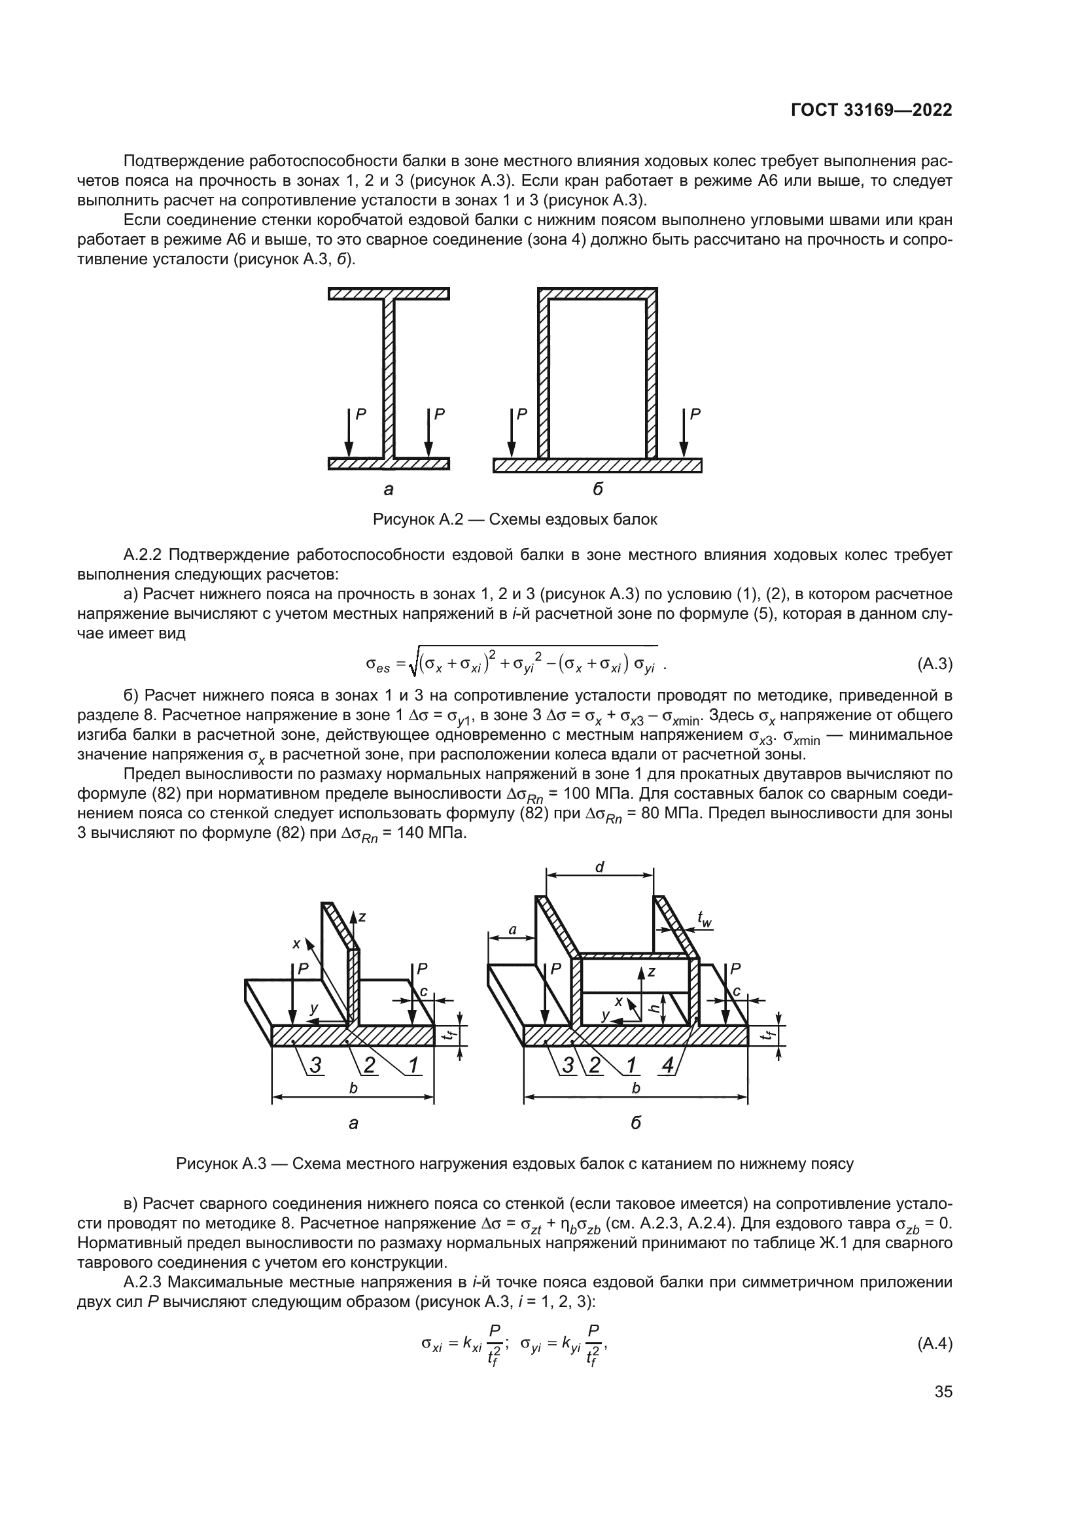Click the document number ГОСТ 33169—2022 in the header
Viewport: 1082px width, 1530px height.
tap(871, 111)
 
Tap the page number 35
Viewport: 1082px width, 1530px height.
tap(943, 1392)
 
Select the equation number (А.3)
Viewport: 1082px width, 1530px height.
tap(935, 664)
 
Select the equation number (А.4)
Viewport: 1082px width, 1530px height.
tap(935, 1344)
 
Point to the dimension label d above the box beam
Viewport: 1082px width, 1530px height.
tap(600, 867)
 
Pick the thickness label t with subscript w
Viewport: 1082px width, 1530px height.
tap(705, 919)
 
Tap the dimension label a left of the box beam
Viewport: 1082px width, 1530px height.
tap(512, 929)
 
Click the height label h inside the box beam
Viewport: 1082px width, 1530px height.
tap(655, 1008)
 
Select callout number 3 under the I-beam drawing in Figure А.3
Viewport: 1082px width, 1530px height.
tap(315, 1066)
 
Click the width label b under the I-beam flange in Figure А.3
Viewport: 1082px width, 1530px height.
tap(354, 1088)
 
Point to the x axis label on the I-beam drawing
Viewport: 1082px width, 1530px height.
tap(296, 944)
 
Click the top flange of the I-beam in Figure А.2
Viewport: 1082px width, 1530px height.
tap(389, 294)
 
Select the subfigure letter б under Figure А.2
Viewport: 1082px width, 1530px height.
tap(598, 490)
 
